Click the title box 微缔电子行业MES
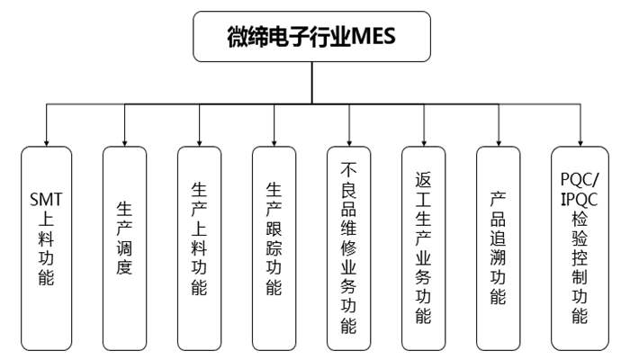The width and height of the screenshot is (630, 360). (311, 38)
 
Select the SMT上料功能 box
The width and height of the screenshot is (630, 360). (47, 247)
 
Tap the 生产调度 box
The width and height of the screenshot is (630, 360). (124, 247)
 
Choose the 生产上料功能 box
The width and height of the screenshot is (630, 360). (200, 247)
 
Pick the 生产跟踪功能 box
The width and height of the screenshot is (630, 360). (274, 247)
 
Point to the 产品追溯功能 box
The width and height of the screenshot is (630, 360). (498, 247)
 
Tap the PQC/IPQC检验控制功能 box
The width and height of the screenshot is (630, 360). (580, 247)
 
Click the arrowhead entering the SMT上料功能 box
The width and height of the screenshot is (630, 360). (47, 141)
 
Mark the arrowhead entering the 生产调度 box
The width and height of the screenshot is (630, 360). (124, 141)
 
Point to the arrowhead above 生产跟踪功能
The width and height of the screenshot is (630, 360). (274, 141)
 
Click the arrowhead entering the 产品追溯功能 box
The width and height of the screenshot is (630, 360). (498, 141)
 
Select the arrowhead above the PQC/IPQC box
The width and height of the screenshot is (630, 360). (580, 141)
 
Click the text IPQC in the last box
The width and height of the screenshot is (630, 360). (580, 195)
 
